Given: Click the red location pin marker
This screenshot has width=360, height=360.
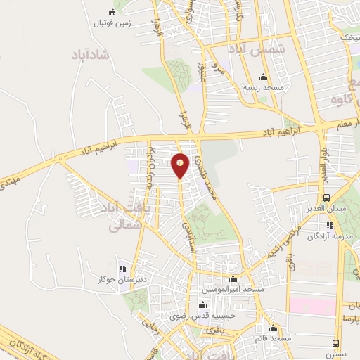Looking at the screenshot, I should (181, 165).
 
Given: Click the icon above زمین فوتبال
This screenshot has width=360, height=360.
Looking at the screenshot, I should (112, 11).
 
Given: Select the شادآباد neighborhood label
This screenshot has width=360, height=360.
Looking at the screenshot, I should (91, 55).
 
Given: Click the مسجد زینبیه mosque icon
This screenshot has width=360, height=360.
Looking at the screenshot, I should (264, 77).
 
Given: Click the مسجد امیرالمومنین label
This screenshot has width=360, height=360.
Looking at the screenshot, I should (233, 289).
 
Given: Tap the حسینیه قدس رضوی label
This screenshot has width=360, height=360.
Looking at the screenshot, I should (207, 315).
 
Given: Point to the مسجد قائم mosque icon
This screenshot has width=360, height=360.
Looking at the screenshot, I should (274, 328).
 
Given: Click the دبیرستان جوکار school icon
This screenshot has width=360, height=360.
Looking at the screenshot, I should (122, 268).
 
